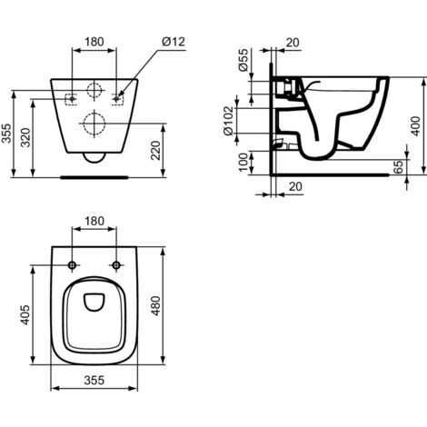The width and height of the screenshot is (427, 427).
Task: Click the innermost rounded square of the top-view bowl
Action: (94, 304)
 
